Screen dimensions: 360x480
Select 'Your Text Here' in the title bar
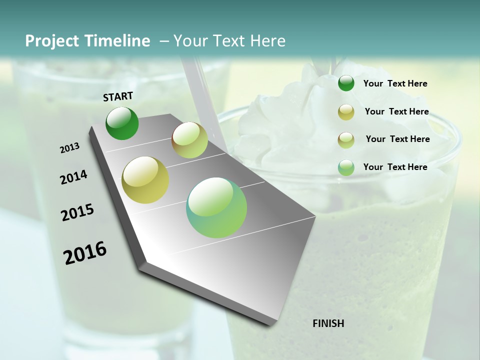click(229, 41)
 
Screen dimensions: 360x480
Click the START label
click(118, 96)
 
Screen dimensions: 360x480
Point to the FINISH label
click(328, 323)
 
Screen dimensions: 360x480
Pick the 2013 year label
click(70, 148)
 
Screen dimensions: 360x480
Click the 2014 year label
click(74, 177)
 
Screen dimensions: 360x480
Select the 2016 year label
click(85, 253)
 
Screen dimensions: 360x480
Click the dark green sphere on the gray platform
click(122, 123)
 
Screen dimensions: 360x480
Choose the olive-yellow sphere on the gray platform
click(145, 180)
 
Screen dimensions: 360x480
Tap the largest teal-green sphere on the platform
click(216, 207)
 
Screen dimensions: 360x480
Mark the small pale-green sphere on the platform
click(189, 140)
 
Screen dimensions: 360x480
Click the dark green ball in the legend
click(346, 83)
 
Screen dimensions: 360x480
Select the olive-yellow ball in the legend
click(346, 112)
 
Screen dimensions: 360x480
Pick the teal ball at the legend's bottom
click(346, 167)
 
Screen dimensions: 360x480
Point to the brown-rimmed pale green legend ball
click(346, 139)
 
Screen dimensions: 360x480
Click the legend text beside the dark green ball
click(395, 83)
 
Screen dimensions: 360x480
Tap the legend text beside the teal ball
click(395, 167)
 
